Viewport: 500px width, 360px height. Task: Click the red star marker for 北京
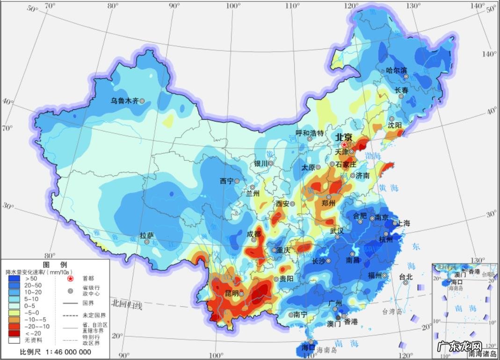(x=345, y=145)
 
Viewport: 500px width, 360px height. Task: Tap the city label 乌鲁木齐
(x=124, y=101)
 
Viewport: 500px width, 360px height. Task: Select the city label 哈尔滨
(x=396, y=71)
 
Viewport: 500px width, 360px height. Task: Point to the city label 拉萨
(x=146, y=236)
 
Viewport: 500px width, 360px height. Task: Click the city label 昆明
(x=232, y=294)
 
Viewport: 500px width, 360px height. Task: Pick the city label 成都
(x=254, y=233)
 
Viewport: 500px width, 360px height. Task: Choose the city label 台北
(x=406, y=277)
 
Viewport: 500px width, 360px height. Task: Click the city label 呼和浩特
(x=310, y=133)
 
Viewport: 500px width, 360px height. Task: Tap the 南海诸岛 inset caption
(x=482, y=354)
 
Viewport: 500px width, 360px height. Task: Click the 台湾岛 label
(x=379, y=311)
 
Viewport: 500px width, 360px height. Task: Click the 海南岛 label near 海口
(x=326, y=350)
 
